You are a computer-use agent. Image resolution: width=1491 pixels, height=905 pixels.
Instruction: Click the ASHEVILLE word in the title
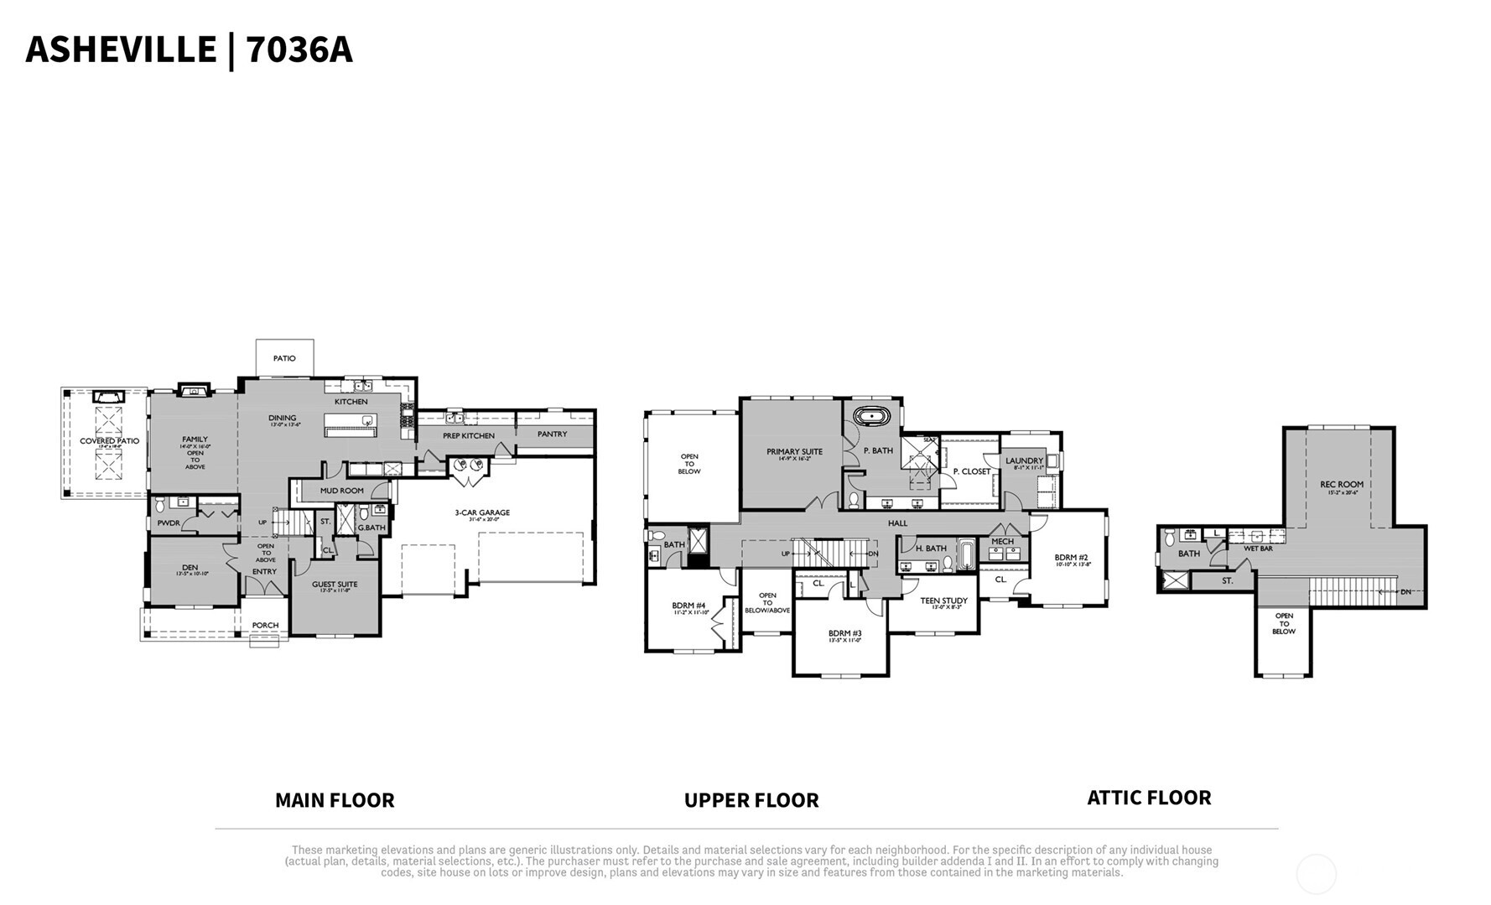[x=121, y=49]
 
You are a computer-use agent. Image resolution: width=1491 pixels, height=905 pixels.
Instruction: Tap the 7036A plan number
[x=299, y=49]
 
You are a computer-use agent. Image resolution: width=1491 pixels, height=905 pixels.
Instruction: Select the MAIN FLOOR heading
[x=335, y=800]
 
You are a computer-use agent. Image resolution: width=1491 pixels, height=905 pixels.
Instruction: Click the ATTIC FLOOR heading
[x=1149, y=798]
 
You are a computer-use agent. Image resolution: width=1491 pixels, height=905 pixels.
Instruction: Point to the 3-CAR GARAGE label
[x=482, y=512]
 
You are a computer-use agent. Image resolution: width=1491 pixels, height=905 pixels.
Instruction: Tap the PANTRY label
[x=552, y=434]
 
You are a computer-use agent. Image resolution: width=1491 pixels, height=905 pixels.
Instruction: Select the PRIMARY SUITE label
[x=794, y=452]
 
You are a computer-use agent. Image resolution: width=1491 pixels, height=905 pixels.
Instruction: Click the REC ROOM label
[x=1342, y=484]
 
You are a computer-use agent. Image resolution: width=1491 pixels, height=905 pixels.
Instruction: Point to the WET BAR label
[x=1258, y=549]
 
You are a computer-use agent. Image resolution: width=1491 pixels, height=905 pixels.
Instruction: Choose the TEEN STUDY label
[x=943, y=601]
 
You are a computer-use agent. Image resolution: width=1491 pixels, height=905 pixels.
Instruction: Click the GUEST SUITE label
[x=335, y=585]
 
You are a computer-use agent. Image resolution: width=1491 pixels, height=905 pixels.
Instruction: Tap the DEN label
[x=190, y=568]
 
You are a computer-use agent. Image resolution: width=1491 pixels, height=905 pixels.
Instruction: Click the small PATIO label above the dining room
[x=284, y=358]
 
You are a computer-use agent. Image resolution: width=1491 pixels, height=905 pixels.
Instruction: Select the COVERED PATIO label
[x=110, y=441]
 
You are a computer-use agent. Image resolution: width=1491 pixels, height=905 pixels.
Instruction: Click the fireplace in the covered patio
[x=108, y=396]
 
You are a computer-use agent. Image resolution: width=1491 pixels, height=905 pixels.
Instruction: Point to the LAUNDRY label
[x=1024, y=460]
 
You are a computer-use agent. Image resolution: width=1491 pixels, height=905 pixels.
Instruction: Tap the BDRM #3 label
[x=844, y=633]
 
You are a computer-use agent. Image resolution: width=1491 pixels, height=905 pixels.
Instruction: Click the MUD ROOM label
[x=342, y=491]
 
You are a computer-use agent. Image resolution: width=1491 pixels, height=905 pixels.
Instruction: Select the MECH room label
[x=1002, y=542]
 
